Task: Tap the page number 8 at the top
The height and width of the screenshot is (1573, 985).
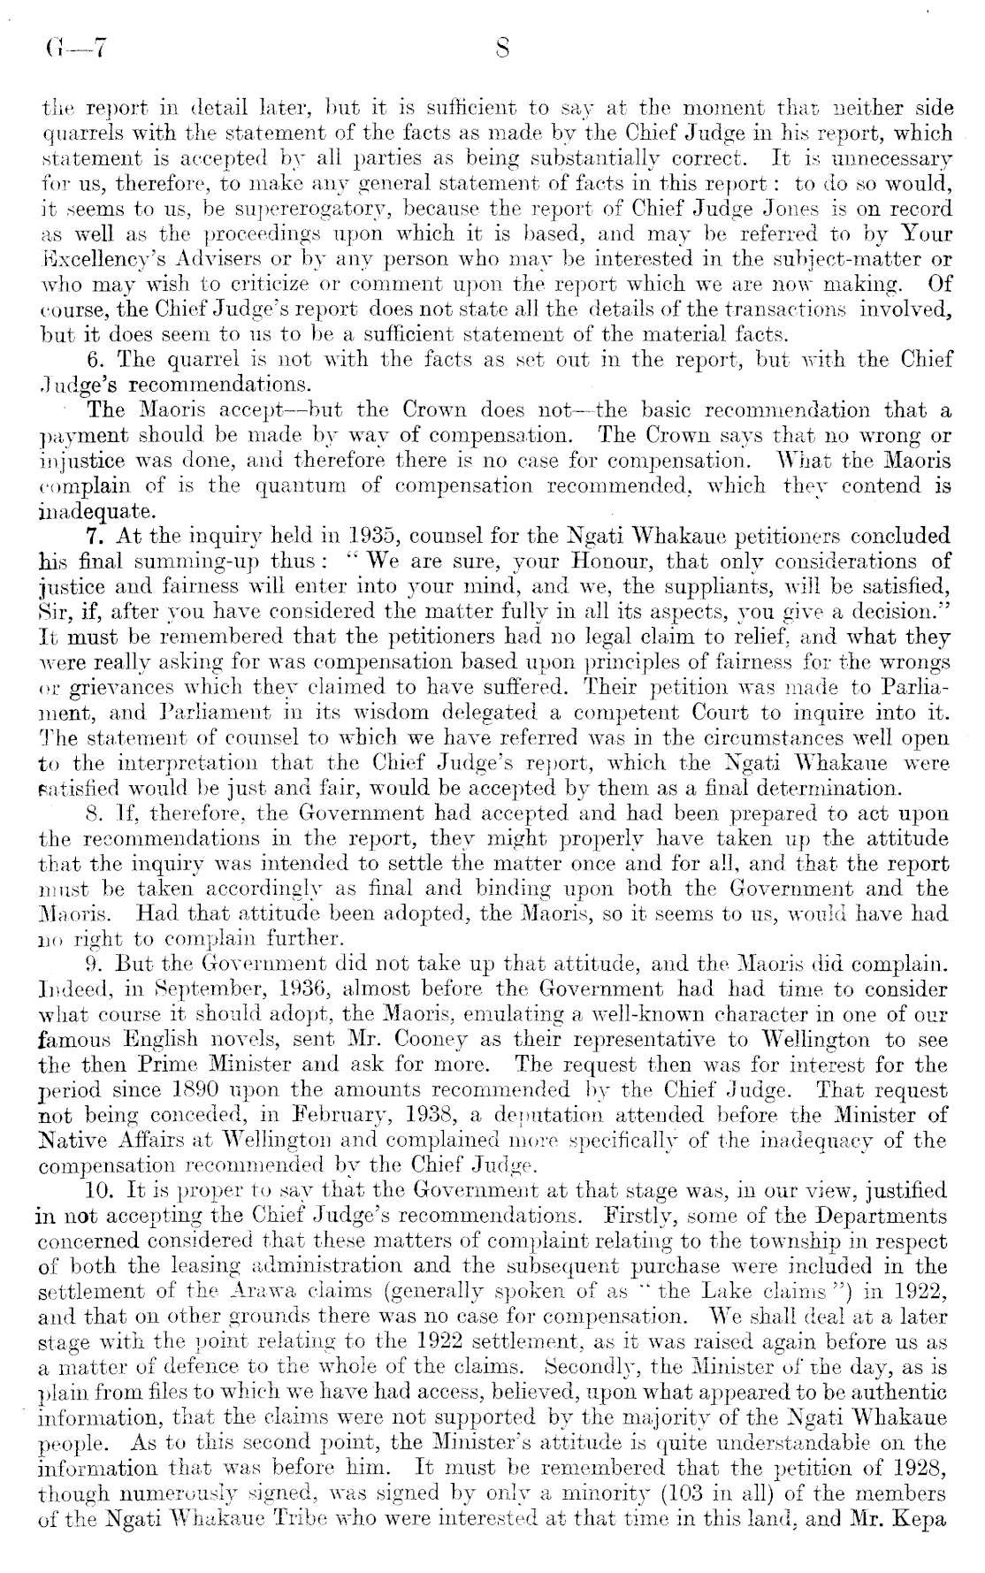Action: click(502, 50)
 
